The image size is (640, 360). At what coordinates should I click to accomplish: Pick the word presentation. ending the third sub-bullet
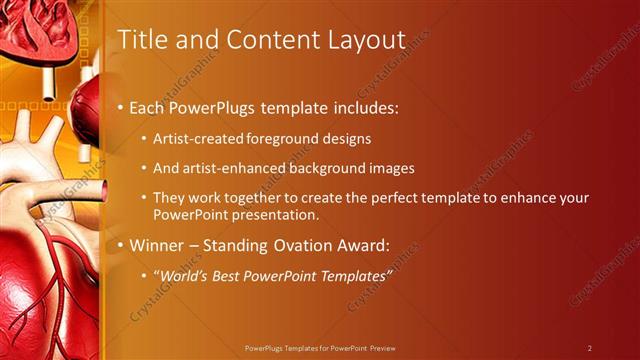tap(276, 215)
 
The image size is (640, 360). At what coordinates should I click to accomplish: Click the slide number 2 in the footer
tap(590, 348)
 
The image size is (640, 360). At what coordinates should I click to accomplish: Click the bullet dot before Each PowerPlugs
tap(121, 106)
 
